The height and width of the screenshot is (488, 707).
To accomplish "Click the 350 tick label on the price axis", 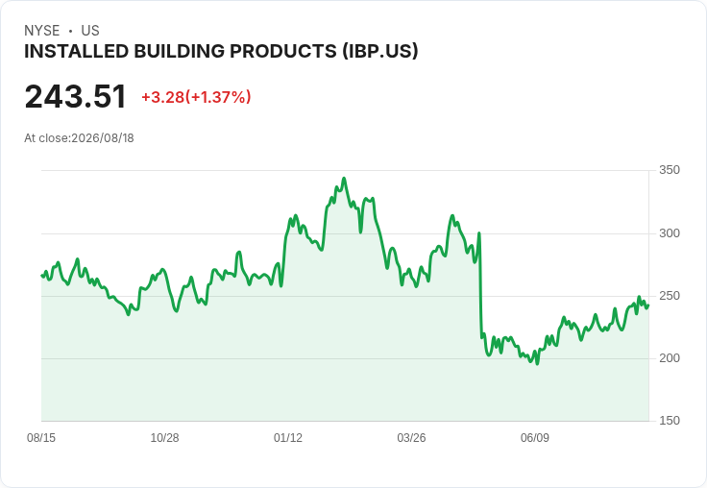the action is tap(670, 170).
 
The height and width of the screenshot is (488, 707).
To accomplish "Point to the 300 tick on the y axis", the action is tap(670, 233).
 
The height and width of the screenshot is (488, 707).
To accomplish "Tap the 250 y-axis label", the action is tap(670, 296).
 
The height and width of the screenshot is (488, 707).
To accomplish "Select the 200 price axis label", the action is tap(670, 358).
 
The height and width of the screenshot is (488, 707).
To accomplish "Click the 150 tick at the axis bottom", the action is tap(670, 421).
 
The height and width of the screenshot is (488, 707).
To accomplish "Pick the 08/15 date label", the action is tap(41, 438).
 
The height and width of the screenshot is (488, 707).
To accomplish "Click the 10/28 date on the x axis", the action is tap(164, 438).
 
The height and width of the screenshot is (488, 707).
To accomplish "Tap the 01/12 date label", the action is tap(287, 438).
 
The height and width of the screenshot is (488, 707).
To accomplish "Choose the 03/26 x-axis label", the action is tap(411, 438).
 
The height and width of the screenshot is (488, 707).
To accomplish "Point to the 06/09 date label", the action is tap(535, 438).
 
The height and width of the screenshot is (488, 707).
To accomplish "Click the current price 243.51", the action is tap(75, 96).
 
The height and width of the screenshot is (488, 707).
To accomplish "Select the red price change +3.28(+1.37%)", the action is tap(196, 97).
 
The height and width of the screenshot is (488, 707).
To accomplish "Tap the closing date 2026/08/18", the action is tap(103, 138).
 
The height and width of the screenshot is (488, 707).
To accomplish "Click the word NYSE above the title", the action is tap(42, 31).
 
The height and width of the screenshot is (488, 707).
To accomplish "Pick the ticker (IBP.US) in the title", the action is tap(380, 51).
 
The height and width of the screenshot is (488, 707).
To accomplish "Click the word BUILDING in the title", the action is tap(180, 51).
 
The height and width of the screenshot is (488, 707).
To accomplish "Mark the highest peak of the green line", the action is tap(344, 178).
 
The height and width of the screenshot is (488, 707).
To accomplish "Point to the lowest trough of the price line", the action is tap(537, 363).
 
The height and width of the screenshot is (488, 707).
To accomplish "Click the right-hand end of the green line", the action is tap(648, 305).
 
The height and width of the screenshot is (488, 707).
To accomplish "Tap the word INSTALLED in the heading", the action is tap(77, 51).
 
